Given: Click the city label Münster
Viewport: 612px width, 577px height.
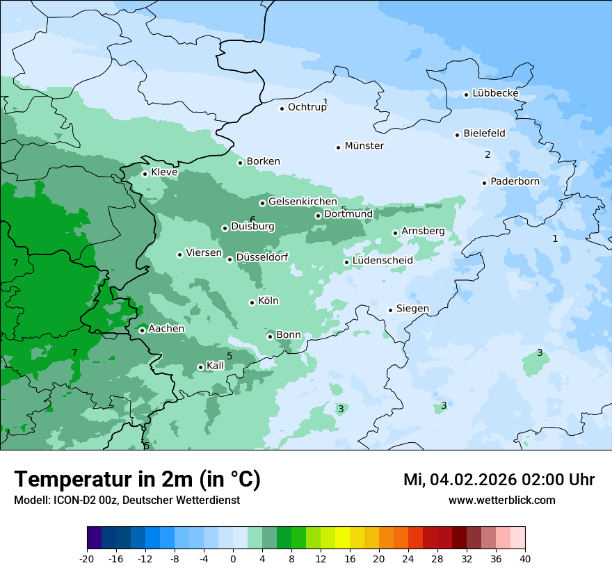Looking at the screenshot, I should [364, 146].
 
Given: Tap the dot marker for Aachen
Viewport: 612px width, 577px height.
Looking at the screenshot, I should [142, 330].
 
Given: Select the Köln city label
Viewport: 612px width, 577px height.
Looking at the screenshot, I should [268, 301].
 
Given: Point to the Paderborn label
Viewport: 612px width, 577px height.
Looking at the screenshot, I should [515, 181].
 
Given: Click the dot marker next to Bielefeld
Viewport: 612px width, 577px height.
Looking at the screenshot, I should [458, 135].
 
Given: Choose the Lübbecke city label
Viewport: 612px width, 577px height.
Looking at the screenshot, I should [495, 93].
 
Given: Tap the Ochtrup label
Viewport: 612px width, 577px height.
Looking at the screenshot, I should [307, 107].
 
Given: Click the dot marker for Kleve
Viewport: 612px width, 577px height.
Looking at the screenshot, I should [145, 174].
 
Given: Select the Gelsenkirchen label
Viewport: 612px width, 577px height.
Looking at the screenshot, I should [303, 202].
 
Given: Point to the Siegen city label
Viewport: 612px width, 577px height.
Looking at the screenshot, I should [412, 309].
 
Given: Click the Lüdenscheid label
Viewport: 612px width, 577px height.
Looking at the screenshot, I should [382, 261].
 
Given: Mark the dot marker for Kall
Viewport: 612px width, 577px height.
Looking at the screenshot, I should [200, 367].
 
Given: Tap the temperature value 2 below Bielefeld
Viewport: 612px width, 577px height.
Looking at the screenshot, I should [488, 154].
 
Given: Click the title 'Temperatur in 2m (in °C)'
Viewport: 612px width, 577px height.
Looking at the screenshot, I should [137, 479].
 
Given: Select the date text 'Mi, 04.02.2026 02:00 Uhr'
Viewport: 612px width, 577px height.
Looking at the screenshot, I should [499, 480].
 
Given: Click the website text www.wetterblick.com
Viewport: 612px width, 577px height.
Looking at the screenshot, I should [501, 500].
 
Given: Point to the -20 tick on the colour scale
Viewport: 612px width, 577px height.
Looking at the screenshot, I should [87, 558].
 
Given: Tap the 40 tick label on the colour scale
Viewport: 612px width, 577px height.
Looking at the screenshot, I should [524, 558].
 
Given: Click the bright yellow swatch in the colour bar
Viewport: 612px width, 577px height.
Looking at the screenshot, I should [342, 538].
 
